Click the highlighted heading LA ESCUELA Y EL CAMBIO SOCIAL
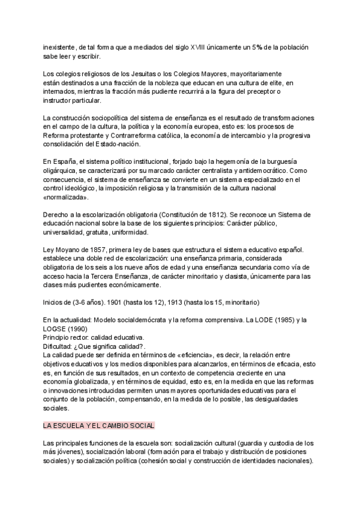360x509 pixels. pos(99,426)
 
